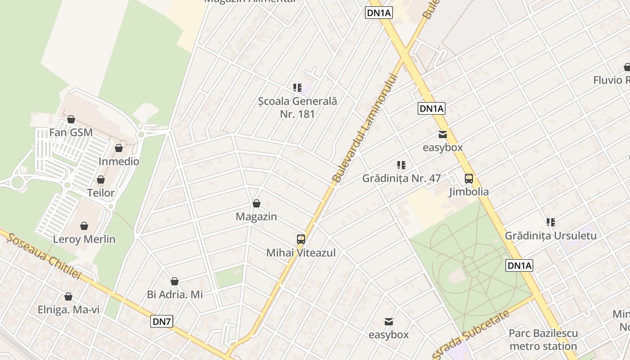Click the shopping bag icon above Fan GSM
click(x=71, y=119)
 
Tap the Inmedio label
click(x=119, y=161)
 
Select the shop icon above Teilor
click(x=101, y=180)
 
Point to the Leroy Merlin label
click(x=84, y=239)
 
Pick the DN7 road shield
click(x=162, y=321)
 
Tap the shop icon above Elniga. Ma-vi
click(x=68, y=297)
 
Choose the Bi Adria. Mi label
click(x=175, y=294)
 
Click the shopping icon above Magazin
click(x=256, y=203)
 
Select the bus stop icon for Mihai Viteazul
click(x=301, y=239)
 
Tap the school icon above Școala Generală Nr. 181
click(x=297, y=88)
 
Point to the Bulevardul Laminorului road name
click(x=366, y=129)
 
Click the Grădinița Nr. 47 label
click(x=401, y=178)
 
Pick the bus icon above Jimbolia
click(x=469, y=179)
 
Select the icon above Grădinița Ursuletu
click(x=551, y=222)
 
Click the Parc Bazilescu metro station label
click(x=543, y=339)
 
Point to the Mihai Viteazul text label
click(x=301, y=252)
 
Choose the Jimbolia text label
click(x=469, y=192)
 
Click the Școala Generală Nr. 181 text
click(x=297, y=108)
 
